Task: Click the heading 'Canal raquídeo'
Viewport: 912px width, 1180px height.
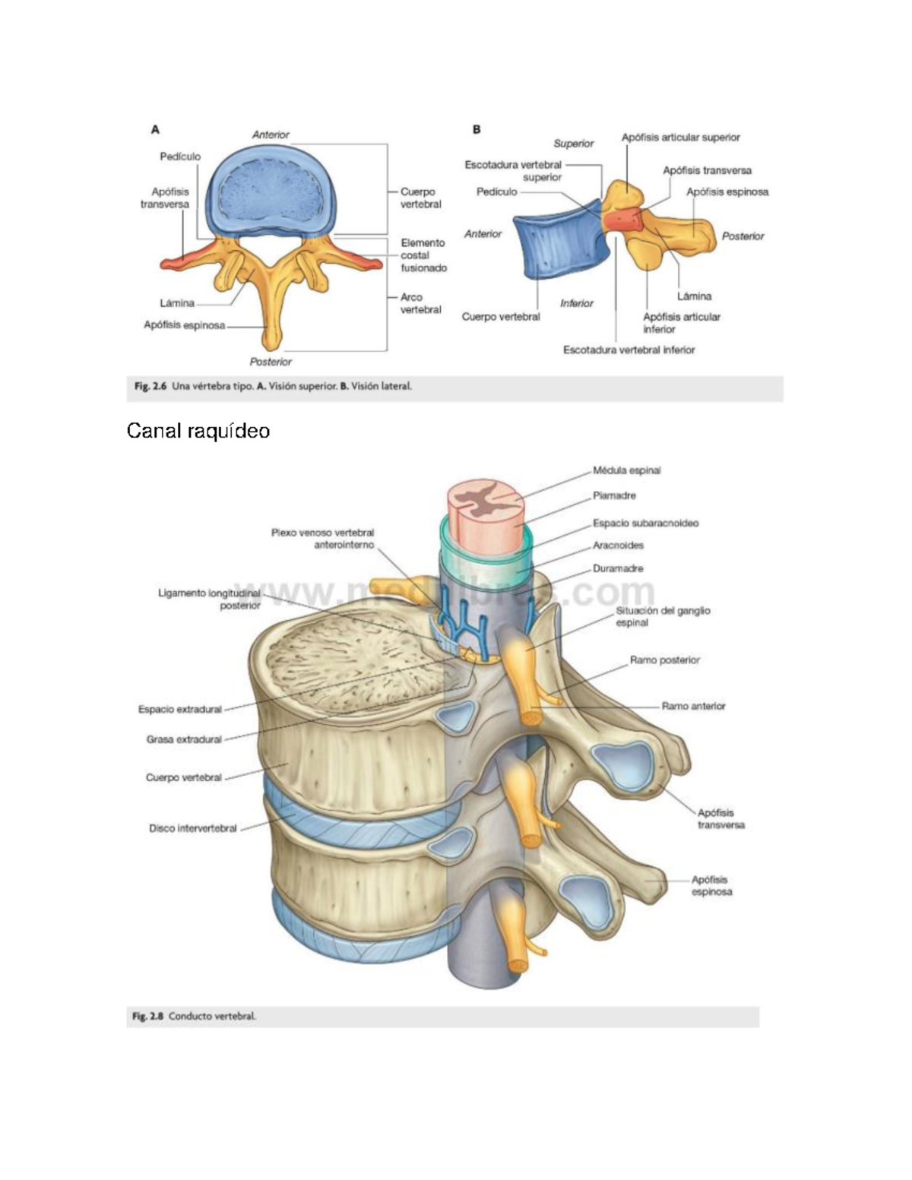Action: point(198,431)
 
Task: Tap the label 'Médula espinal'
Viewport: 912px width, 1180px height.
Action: point(626,470)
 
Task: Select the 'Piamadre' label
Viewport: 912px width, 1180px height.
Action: point(614,495)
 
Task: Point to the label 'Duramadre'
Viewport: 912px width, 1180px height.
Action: point(618,568)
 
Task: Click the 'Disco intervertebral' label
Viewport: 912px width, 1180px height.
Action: point(193,828)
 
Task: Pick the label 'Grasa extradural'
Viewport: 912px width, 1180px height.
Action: point(184,739)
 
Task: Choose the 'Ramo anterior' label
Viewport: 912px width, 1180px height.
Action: point(693,706)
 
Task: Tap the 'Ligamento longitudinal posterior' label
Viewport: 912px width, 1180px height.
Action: point(209,599)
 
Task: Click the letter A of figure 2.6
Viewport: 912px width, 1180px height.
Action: point(155,130)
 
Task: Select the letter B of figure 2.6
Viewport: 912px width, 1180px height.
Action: point(477,130)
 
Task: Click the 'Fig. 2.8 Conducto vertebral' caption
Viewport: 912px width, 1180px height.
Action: point(195,1016)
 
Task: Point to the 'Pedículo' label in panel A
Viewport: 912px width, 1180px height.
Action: point(180,157)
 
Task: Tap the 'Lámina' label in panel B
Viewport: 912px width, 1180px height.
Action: point(694,296)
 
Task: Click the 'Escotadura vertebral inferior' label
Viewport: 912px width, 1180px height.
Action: point(629,350)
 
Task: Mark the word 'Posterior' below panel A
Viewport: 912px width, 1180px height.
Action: point(271,362)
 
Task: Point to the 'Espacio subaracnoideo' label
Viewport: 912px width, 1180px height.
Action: point(645,523)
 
